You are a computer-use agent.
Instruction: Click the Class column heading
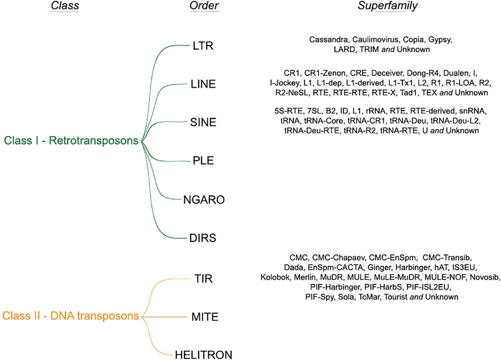(65, 5)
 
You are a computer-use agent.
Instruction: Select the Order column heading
(204, 5)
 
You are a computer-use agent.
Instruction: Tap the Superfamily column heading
(387, 5)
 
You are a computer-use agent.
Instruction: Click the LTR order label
(203, 46)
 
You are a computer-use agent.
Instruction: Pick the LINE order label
(203, 84)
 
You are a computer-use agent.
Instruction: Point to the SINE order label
(203, 122)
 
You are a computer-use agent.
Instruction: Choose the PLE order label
(203, 160)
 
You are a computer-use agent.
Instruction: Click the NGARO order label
(204, 200)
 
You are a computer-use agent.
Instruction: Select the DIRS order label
(203, 238)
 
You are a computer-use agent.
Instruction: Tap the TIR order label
(203, 278)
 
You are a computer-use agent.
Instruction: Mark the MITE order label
(205, 317)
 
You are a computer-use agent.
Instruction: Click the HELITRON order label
(204, 355)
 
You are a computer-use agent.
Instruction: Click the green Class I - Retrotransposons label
(71, 141)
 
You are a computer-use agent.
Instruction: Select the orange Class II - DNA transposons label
(71, 316)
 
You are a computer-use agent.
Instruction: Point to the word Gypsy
(440, 40)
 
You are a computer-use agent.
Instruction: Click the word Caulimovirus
(375, 40)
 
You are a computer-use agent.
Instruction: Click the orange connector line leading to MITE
(165, 317)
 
